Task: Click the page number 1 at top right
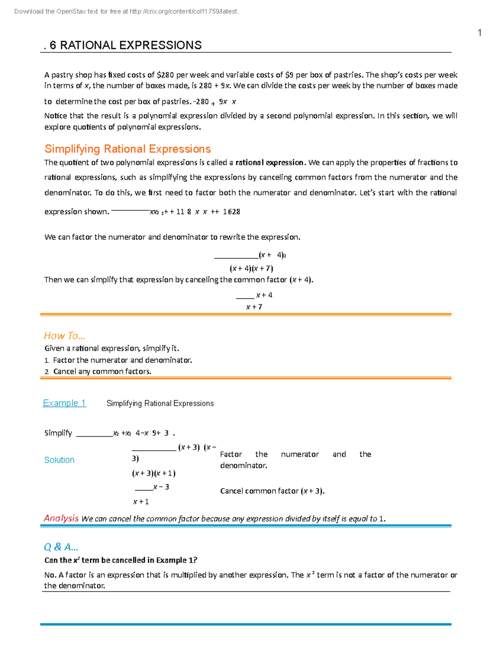click(480, 33)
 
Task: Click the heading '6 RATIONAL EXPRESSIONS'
click(125, 45)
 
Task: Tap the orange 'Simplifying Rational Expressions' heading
click(127, 149)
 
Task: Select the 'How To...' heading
click(65, 336)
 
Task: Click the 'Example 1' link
click(65, 403)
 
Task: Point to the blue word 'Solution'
click(60, 460)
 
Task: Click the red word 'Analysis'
click(61, 519)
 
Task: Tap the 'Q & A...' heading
click(61, 547)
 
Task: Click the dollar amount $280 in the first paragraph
click(165, 75)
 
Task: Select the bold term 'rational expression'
click(270, 163)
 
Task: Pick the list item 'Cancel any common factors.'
click(102, 371)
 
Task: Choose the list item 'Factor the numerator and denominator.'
click(122, 360)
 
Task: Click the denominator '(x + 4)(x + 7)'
click(251, 268)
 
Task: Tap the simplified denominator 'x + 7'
click(254, 307)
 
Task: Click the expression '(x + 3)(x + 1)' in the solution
click(154, 473)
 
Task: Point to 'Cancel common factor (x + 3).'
click(272, 491)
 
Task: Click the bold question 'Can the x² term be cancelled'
click(121, 560)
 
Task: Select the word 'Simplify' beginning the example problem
click(58, 433)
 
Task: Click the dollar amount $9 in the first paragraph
click(289, 75)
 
